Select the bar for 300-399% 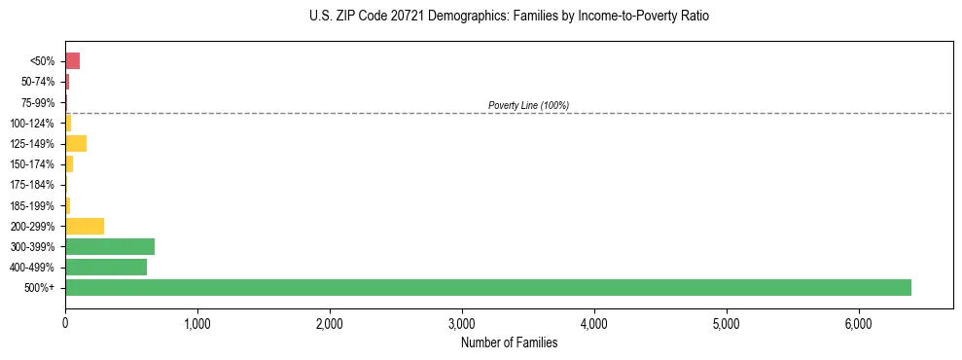(110, 246)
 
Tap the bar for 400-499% (106, 267)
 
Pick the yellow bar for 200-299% (85, 226)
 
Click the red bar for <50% (72, 61)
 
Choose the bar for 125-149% (76, 144)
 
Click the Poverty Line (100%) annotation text (528, 105)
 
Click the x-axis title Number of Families (509, 342)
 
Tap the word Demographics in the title (456, 17)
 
